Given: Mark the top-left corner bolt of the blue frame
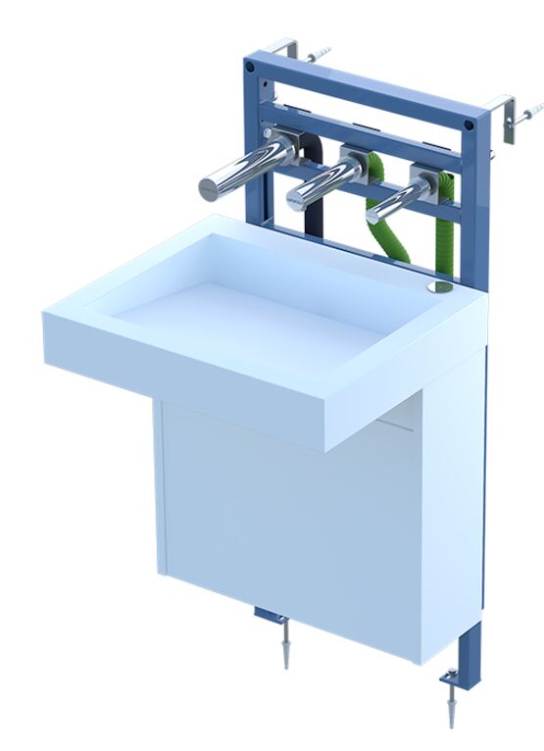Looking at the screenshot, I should (251, 67).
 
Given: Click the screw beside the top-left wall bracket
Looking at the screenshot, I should (320, 54).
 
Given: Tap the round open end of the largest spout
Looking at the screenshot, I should (209, 187).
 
